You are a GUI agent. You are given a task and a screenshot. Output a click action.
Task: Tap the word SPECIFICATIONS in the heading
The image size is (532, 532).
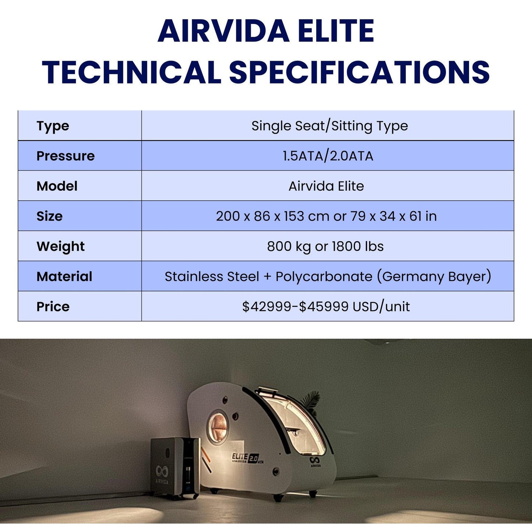pyautogui.click(x=359, y=72)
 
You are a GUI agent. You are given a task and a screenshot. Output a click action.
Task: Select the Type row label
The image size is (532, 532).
pyautogui.click(x=53, y=126)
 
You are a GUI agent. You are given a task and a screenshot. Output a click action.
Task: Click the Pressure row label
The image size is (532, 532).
pyautogui.click(x=66, y=156)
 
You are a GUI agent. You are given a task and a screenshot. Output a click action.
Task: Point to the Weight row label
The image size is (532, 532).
pyautogui.click(x=60, y=246)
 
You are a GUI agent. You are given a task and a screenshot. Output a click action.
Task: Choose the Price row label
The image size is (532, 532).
pyautogui.click(x=53, y=307)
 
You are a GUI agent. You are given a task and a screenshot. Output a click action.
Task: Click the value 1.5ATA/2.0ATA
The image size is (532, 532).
pyautogui.click(x=328, y=156)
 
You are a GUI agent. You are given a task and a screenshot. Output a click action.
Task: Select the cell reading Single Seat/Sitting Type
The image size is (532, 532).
pyautogui.click(x=330, y=126)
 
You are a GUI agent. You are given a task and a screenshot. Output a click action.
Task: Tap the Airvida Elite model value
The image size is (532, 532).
pyautogui.click(x=326, y=186)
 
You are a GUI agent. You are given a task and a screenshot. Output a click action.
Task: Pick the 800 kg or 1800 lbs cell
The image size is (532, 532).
pyautogui.click(x=325, y=246)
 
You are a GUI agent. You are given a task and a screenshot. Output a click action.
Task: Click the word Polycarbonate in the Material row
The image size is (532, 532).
pyautogui.click(x=324, y=276)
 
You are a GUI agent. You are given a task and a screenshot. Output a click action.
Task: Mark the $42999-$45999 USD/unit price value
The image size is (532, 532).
pyautogui.click(x=326, y=307)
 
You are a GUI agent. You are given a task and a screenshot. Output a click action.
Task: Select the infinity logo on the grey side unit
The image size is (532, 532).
pyautogui.click(x=162, y=471)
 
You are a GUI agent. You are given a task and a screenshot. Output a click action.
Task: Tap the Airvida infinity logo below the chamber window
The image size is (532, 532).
pyautogui.click(x=315, y=460)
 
